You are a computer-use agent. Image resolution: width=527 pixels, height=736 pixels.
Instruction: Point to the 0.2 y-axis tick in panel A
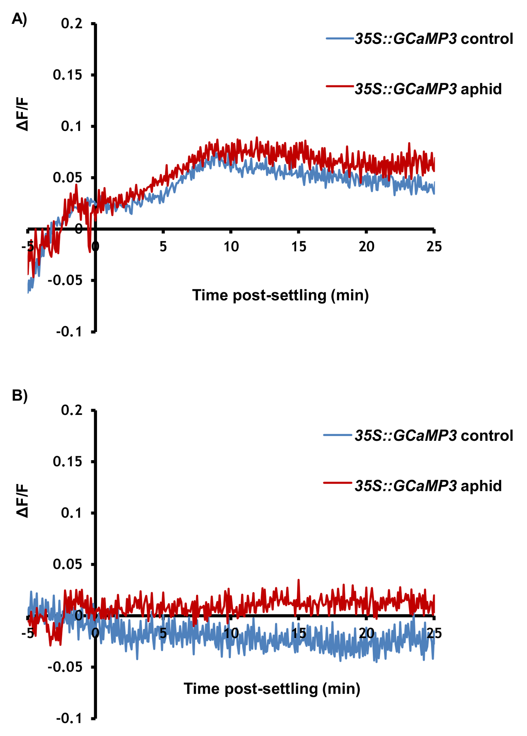click(x=72, y=24)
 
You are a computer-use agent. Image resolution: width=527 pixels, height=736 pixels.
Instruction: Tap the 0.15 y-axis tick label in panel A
click(x=67, y=75)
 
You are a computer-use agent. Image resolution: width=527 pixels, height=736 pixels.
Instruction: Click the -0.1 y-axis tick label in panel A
click(x=69, y=331)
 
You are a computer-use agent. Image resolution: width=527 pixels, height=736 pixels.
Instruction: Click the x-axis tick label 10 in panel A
click(x=231, y=247)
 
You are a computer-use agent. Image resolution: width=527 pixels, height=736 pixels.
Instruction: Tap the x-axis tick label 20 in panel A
click(x=366, y=247)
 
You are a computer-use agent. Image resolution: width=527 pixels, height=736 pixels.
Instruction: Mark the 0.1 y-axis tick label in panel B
click(x=72, y=513)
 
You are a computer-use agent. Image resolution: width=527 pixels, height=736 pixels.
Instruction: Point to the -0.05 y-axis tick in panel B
click(x=65, y=667)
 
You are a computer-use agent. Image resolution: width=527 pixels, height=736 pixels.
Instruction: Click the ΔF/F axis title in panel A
click(x=23, y=114)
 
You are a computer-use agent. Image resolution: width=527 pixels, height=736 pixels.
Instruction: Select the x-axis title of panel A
click(x=280, y=296)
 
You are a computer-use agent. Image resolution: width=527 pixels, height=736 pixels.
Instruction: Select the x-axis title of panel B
click(x=272, y=689)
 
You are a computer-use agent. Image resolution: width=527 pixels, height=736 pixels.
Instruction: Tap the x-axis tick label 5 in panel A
click(x=163, y=247)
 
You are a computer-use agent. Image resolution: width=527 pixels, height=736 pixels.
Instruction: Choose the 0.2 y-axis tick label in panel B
click(x=72, y=410)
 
